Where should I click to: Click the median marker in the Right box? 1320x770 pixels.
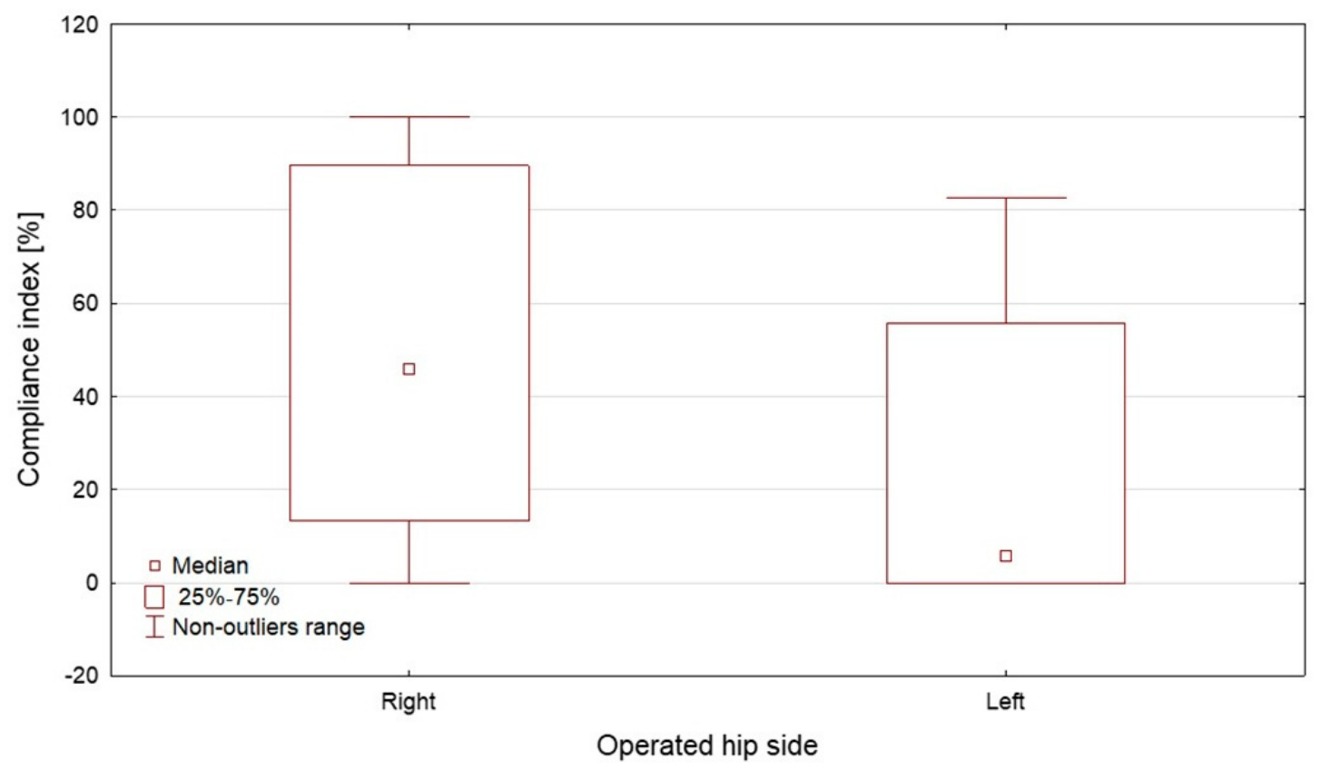tap(409, 369)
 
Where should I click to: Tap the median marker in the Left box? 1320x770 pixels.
tap(1006, 556)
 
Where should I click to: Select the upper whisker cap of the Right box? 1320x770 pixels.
tap(409, 117)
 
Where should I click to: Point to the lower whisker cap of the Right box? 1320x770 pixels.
tap(409, 583)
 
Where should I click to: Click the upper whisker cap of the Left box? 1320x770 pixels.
tap(1006, 198)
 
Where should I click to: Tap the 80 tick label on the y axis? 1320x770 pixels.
tap(84, 211)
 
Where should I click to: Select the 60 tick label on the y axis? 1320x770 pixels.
tap(84, 303)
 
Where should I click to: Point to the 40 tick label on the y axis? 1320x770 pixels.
tap(84, 397)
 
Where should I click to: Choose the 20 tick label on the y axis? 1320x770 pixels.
tap(84, 490)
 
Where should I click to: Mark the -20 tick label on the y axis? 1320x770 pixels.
tap(82, 676)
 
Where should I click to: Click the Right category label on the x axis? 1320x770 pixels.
tap(409, 702)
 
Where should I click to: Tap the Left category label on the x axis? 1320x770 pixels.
tap(1005, 702)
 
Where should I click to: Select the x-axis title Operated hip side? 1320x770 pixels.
tap(707, 745)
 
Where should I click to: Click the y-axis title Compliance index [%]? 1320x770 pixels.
tap(28, 349)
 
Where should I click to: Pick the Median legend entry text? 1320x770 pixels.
tap(211, 566)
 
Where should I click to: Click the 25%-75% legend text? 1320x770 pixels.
tap(229, 597)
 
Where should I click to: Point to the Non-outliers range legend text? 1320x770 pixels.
tap(268, 627)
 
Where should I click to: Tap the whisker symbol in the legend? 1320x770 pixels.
tap(154, 627)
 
